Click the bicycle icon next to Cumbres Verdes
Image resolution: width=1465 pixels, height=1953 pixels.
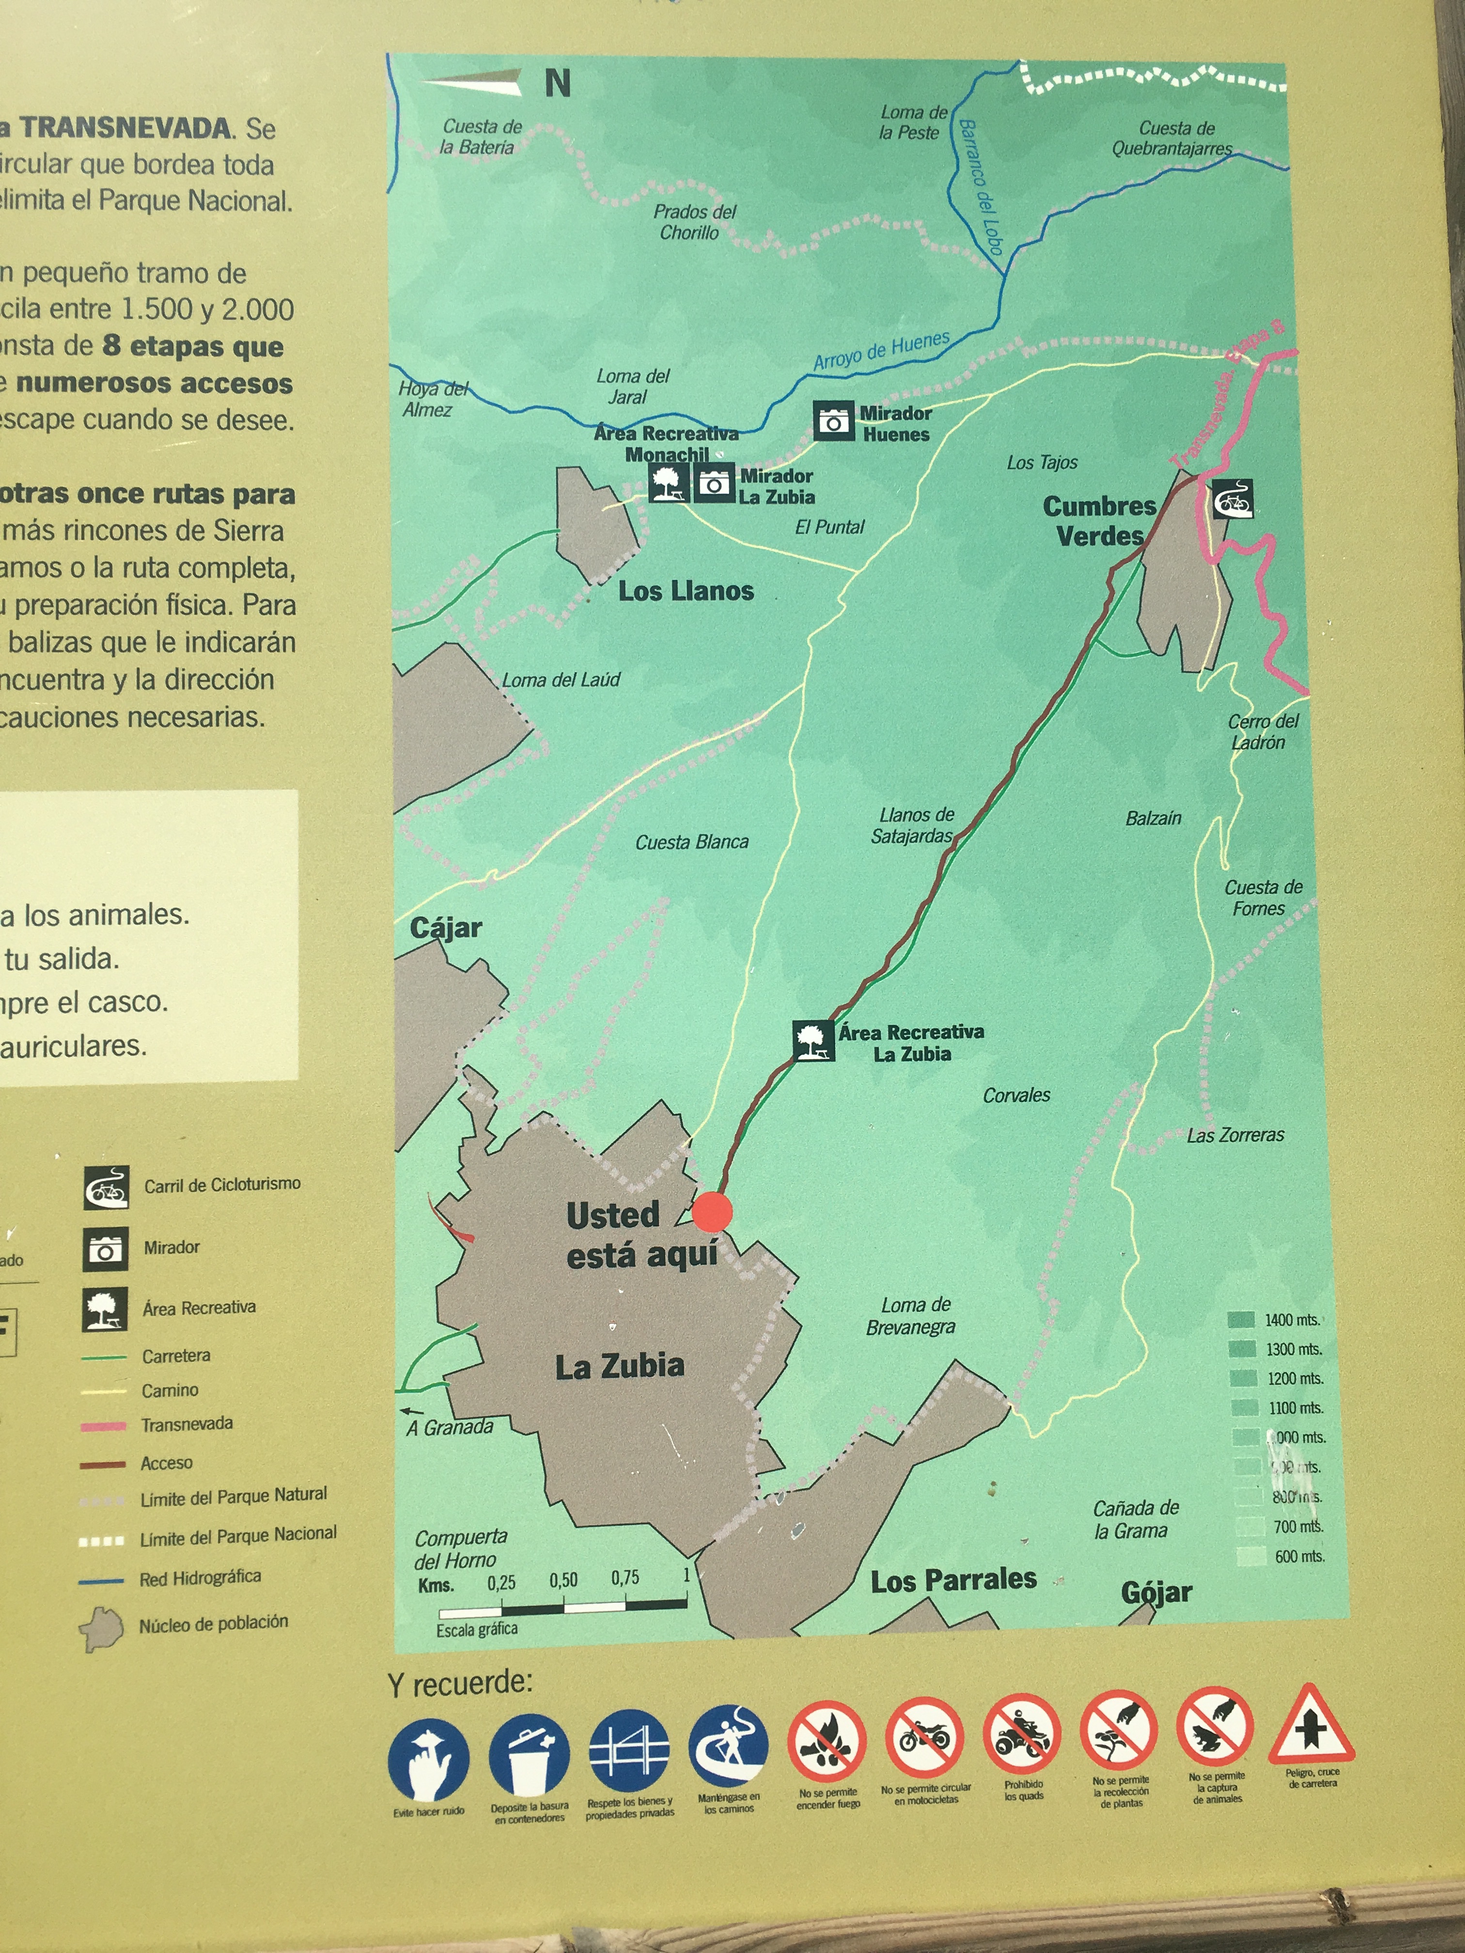coord(1232,500)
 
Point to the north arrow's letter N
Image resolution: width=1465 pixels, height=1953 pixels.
coord(557,84)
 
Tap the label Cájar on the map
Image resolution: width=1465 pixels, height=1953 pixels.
coord(446,928)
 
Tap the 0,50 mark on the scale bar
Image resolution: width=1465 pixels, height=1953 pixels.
coord(563,1580)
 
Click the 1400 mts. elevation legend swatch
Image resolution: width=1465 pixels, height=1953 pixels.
coord(1241,1320)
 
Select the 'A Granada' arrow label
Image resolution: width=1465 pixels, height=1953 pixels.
coord(450,1427)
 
